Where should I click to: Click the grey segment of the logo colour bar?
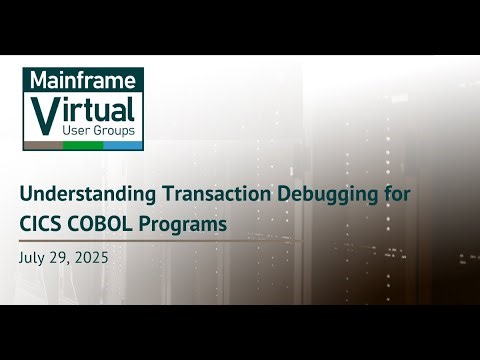(x=43, y=145)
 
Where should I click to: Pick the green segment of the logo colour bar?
(x=83, y=145)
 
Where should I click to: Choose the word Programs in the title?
(x=185, y=224)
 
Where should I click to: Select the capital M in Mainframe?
(x=35, y=80)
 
